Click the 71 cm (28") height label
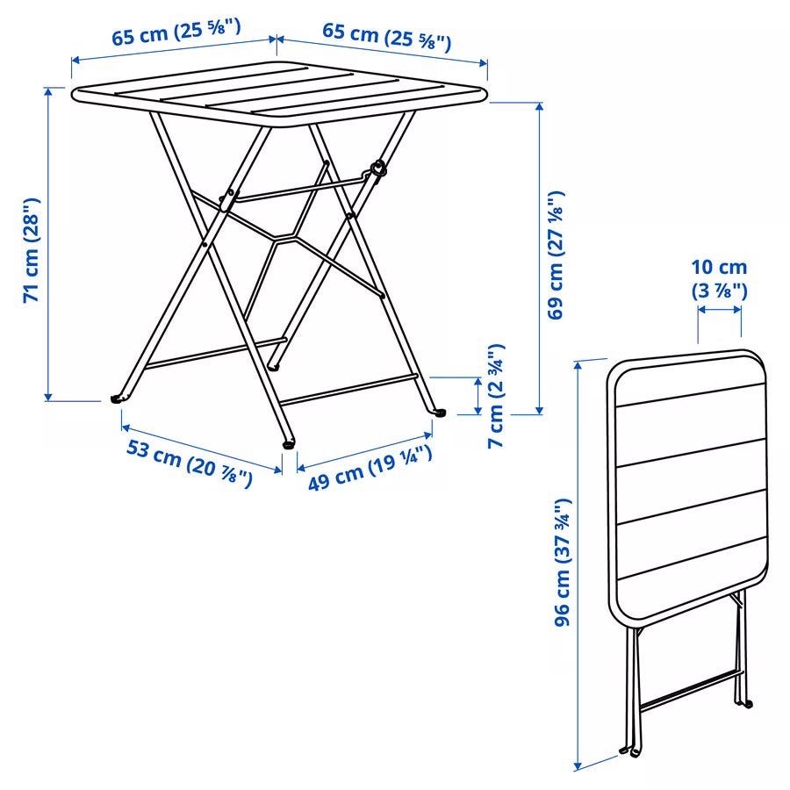[32, 250]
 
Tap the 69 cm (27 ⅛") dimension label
[556, 255]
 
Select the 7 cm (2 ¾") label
[496, 396]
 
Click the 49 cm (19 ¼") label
[370, 468]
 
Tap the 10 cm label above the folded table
[719, 267]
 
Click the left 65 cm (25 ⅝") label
[176, 32]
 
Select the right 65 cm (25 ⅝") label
[386, 37]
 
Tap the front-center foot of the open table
[289, 444]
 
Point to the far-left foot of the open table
[117, 399]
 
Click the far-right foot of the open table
[440, 413]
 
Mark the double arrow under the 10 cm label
[720, 309]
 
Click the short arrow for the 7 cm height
[478, 396]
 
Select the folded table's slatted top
[688, 487]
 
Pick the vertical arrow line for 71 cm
[48, 244]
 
